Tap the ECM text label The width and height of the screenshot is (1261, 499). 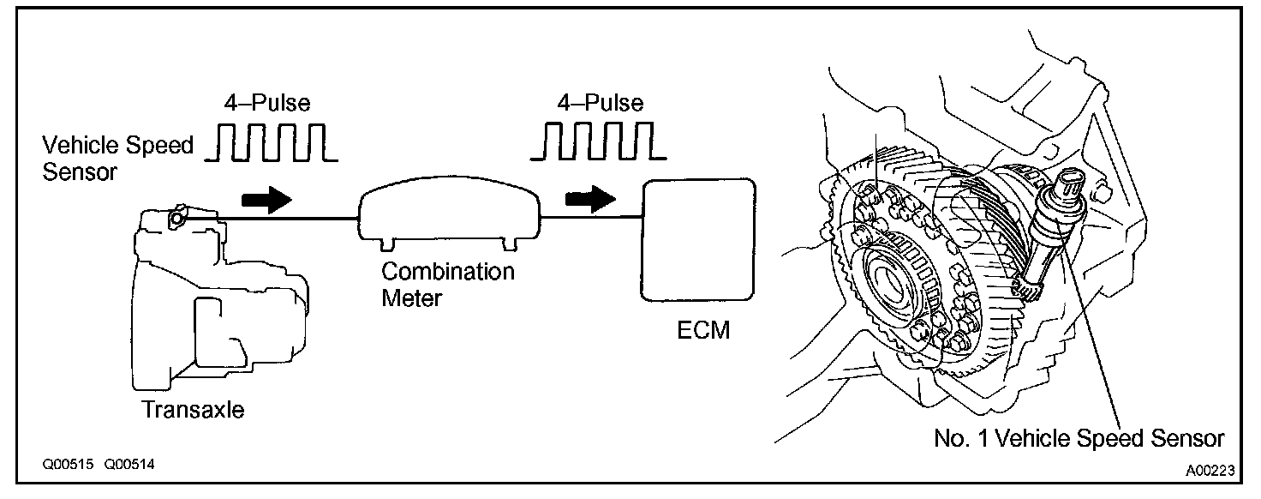[700, 330]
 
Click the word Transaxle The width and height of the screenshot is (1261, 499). [193, 410]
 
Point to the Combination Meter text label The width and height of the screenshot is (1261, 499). [448, 284]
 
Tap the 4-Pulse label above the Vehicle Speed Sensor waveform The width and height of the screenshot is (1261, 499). [267, 104]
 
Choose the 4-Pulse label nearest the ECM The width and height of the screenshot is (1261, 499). [600, 104]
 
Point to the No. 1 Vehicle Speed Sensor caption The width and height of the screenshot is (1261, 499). [1079, 438]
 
